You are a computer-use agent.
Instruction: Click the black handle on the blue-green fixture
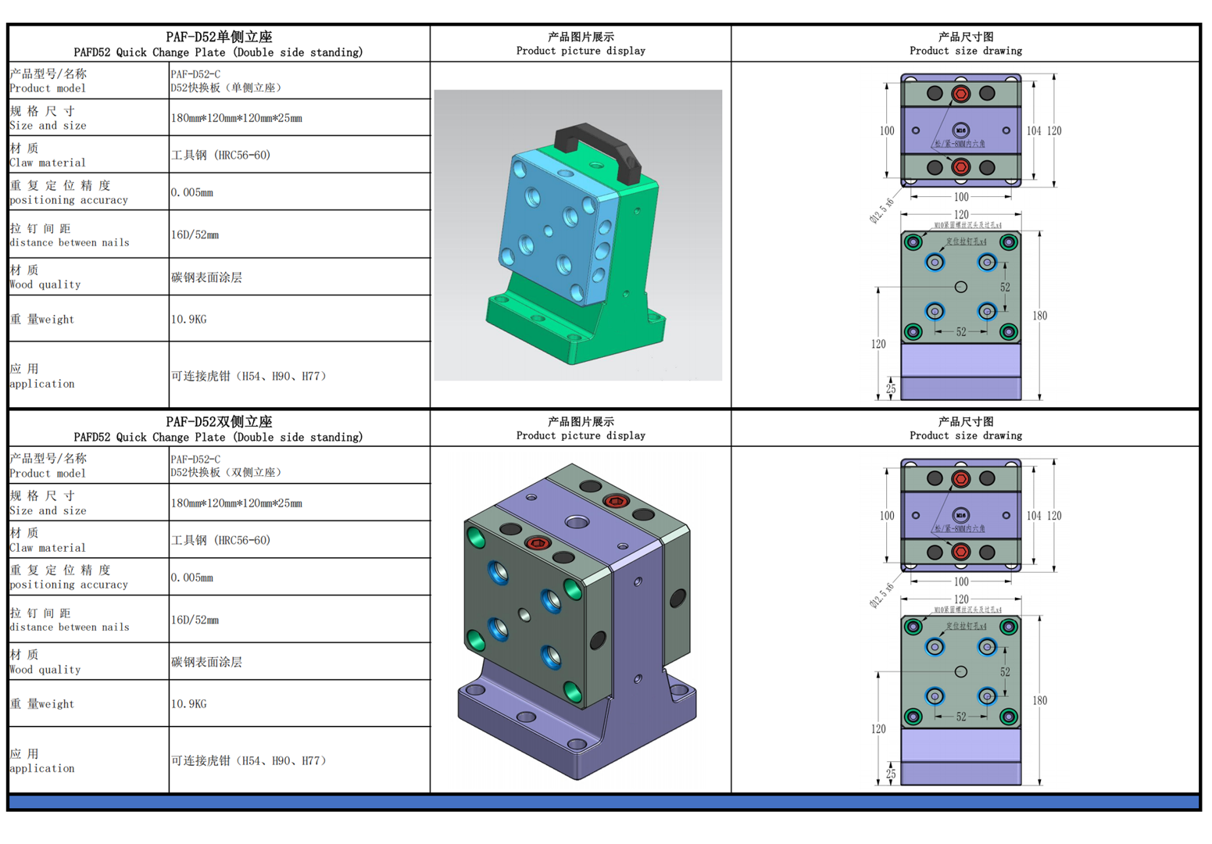click(598, 141)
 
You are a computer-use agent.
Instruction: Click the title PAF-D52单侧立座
click(219, 37)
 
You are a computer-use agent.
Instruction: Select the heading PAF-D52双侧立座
click(219, 422)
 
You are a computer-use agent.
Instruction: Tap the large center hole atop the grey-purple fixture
click(577, 521)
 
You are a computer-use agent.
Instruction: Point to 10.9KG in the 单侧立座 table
click(189, 320)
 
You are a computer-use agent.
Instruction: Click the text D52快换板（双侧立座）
click(227, 473)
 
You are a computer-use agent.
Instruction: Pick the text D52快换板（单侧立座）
click(227, 88)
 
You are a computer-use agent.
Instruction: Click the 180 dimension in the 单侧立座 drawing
click(1039, 316)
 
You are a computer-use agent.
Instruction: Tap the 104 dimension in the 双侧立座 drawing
click(1034, 516)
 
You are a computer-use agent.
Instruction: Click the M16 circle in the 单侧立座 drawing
click(961, 131)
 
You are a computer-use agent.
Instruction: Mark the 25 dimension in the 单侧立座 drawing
click(891, 388)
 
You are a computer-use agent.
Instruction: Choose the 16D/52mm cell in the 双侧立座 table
click(195, 620)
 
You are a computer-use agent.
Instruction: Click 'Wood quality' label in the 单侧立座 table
click(45, 285)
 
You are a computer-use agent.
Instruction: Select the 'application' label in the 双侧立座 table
click(42, 769)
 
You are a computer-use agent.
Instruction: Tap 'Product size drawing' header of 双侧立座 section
click(966, 436)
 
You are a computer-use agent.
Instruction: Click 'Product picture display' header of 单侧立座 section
click(581, 51)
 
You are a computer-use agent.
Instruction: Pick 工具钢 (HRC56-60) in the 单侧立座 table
click(221, 156)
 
